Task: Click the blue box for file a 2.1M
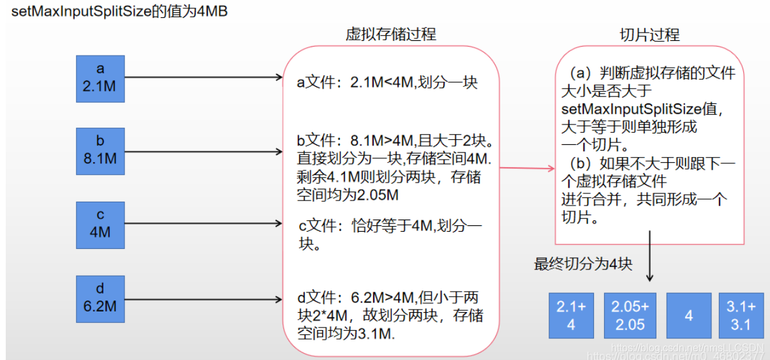point(100,79)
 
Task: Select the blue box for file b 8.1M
point(100,151)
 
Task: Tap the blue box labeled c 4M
point(100,225)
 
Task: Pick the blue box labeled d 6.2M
point(100,299)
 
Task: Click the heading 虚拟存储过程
point(391,34)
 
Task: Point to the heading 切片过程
point(649,34)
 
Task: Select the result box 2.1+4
point(571,315)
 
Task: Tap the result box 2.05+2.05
point(630,315)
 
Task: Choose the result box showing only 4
point(688,315)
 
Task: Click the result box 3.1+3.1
point(741,315)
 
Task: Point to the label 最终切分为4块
point(583,264)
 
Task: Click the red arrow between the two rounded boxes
point(527,169)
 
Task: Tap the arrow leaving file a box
point(204,78)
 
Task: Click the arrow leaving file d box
point(204,299)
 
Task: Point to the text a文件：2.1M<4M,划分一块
point(387,82)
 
